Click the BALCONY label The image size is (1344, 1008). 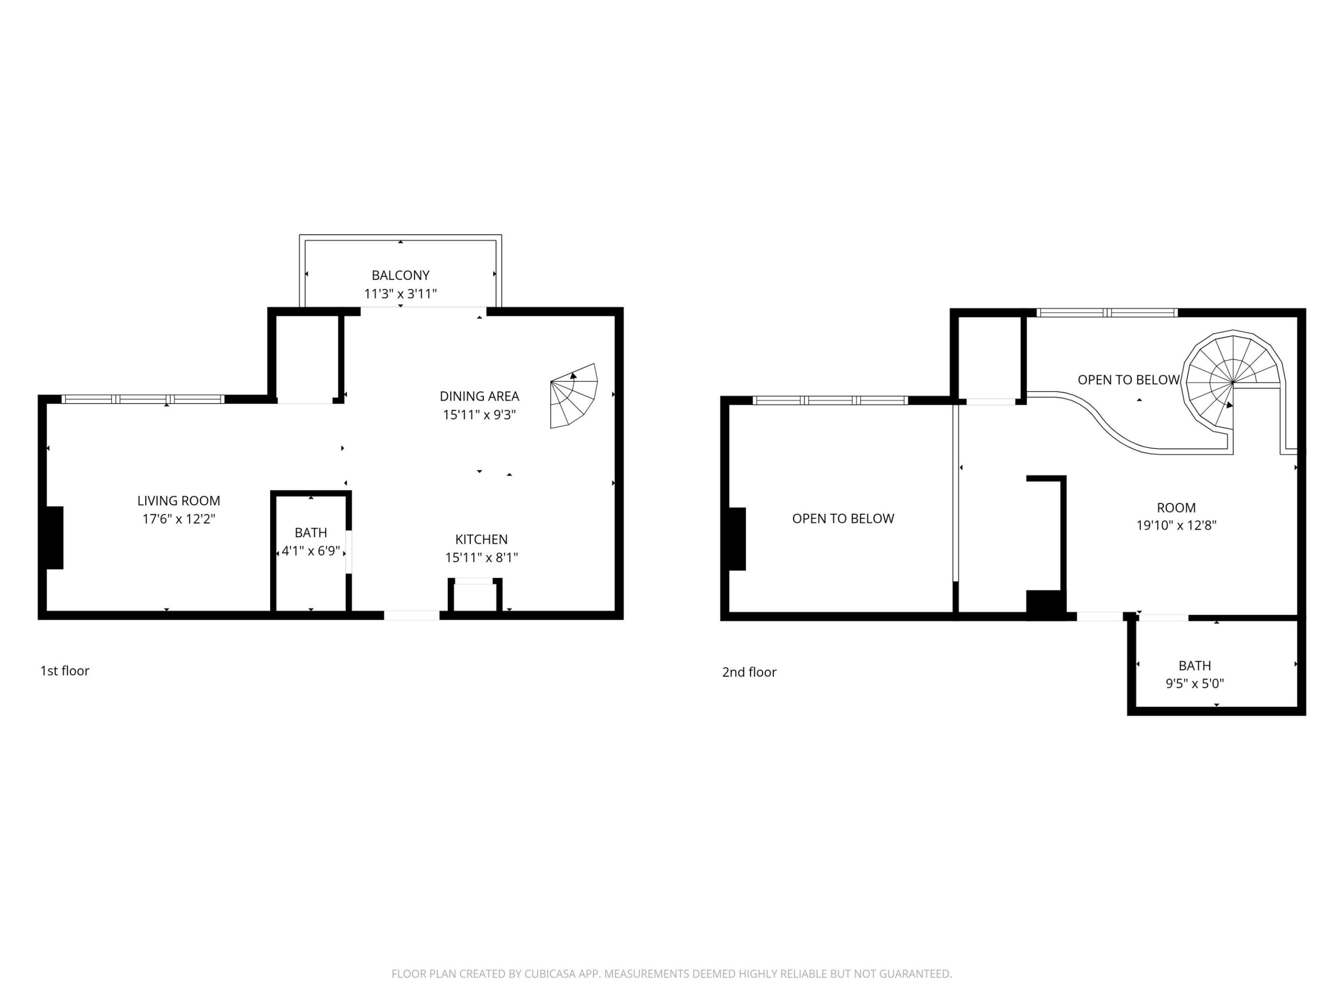(x=400, y=275)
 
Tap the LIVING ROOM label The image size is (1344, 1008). (x=179, y=501)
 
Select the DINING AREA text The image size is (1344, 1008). (x=479, y=396)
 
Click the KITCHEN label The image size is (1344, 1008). (x=481, y=539)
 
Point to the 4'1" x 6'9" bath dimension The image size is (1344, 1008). (x=310, y=551)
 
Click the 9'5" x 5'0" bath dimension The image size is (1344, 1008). (x=1195, y=683)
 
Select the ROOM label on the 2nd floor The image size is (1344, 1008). (x=1176, y=507)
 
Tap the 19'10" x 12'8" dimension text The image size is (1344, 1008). (x=1176, y=525)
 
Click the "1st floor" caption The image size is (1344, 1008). (x=64, y=670)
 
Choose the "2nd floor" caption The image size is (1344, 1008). (x=749, y=672)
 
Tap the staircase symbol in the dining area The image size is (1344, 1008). (x=574, y=396)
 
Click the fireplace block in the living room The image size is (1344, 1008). (x=55, y=538)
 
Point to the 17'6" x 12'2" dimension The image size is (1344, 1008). (x=179, y=519)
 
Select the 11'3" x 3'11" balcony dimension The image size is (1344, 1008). (x=400, y=294)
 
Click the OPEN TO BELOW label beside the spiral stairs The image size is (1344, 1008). (x=1128, y=380)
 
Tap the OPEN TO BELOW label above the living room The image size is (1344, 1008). (x=843, y=518)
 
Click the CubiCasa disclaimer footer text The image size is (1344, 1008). (x=672, y=973)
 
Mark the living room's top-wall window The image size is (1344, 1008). (x=143, y=399)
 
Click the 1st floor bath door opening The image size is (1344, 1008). (x=349, y=552)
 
